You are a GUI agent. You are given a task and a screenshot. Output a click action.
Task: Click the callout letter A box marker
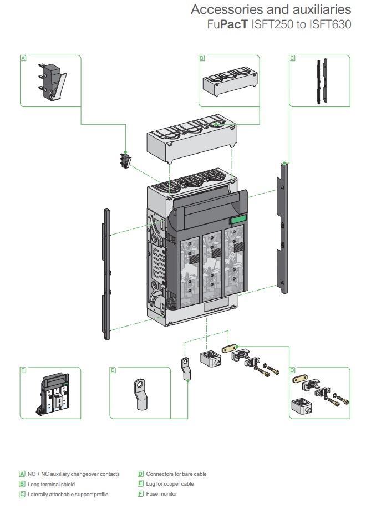(23, 58)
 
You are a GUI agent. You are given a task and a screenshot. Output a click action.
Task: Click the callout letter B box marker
(202, 58)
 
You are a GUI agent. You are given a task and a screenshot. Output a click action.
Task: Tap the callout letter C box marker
(292, 58)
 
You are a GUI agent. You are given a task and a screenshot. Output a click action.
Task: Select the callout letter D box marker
(292, 370)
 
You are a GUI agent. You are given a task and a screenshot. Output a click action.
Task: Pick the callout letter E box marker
(113, 370)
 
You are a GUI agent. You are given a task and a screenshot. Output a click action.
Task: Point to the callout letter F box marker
(23, 370)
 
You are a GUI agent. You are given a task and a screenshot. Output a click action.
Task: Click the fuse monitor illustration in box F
(54, 394)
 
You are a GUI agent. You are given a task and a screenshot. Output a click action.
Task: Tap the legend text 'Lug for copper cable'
(170, 484)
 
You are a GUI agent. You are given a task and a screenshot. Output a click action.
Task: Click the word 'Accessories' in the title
(223, 10)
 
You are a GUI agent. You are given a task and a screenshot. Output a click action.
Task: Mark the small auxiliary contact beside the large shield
(125, 161)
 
